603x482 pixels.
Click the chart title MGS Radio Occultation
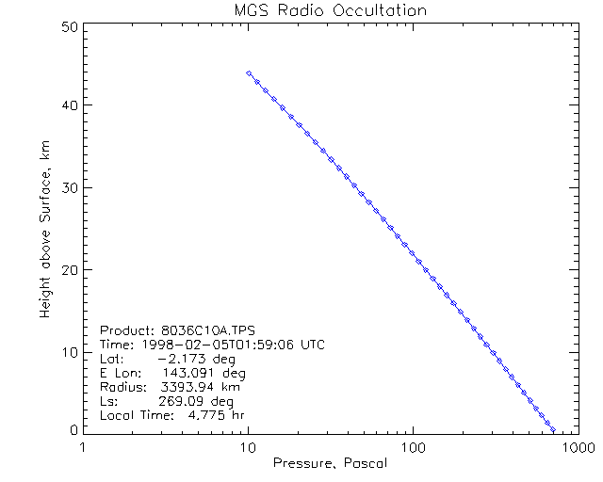[330, 11]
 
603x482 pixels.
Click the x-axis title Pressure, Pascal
[330, 463]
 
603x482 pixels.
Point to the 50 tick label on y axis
[68, 26]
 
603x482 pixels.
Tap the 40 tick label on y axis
[68, 106]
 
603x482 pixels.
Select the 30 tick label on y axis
[68, 188]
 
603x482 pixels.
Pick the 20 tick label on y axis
[68, 269]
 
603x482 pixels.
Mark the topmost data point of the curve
[248, 72]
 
